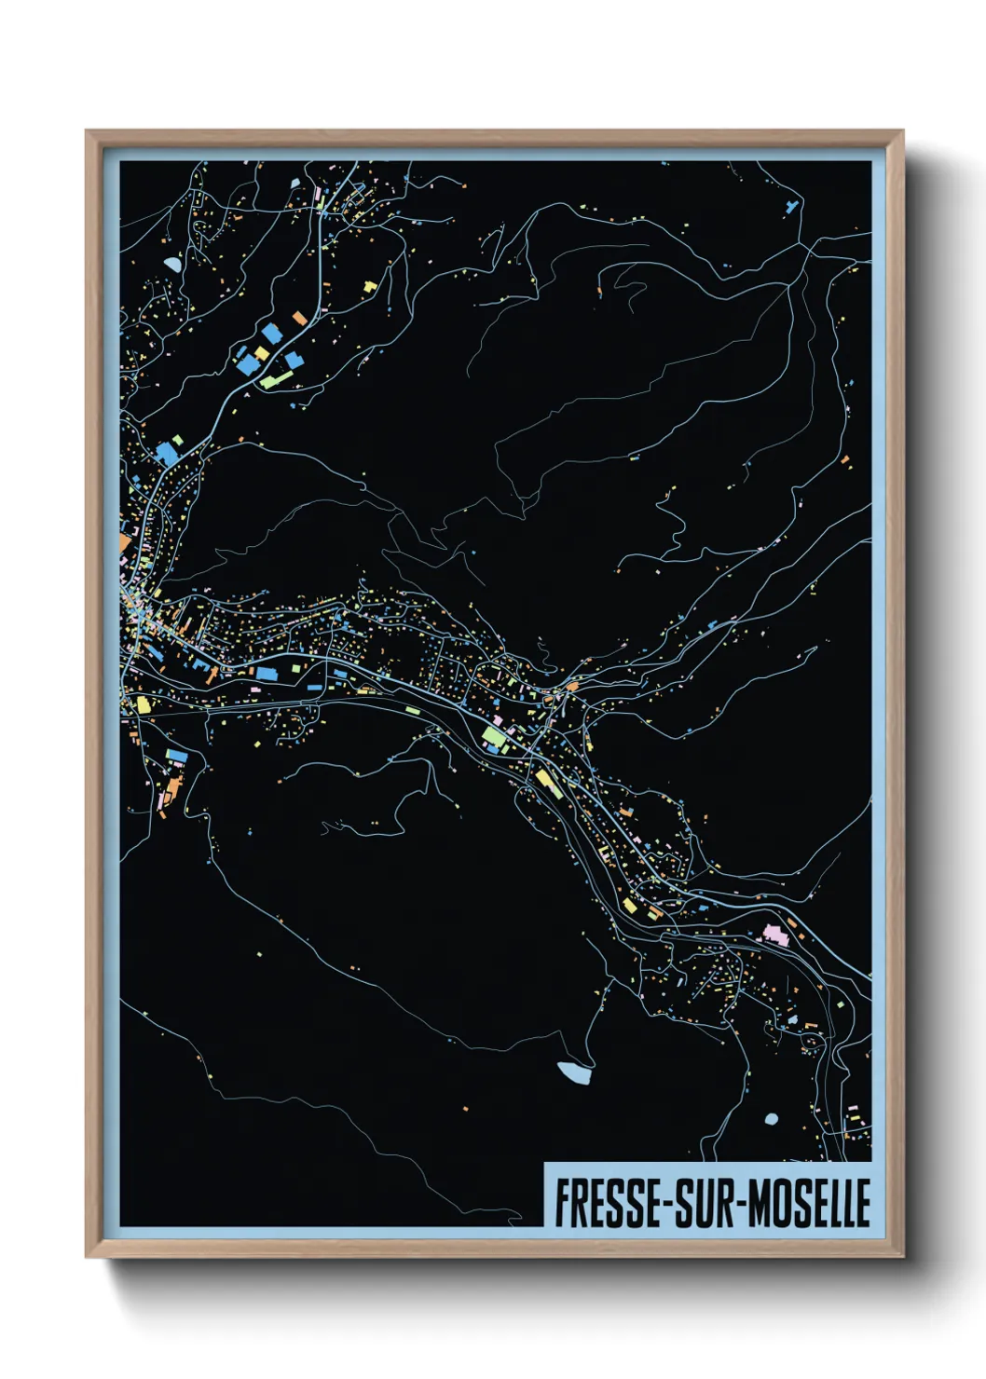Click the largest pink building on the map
775,934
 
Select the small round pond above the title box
771,1118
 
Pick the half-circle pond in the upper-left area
173,265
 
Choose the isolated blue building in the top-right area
793,207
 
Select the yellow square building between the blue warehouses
263,354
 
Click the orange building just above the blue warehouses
299,319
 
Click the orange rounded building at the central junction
571,687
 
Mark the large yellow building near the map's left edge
144,704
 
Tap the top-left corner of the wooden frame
87,131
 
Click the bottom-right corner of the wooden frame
902,1257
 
